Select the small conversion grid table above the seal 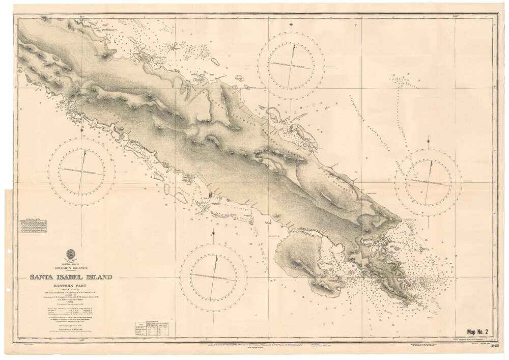[33, 227]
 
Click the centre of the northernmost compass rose [291, 66]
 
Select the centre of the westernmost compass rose [82, 171]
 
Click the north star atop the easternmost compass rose [429, 139]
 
